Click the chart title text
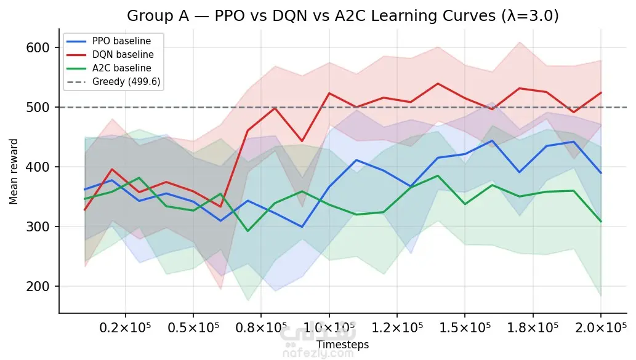pos(343,16)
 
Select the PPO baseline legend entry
pos(109,41)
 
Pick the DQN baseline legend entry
pos(110,54)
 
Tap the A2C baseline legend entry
pos(109,68)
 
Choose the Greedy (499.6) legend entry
pos(113,81)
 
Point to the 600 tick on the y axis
pos(38,48)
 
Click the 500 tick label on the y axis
pos(38,108)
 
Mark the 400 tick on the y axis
pos(38,167)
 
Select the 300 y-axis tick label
pos(38,226)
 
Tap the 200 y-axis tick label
pos(38,286)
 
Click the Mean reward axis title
pos(14,172)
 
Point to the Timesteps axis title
pos(343,345)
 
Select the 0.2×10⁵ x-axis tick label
pos(126,327)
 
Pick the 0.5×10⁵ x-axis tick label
pos(193,327)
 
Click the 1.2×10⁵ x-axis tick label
pos(397,327)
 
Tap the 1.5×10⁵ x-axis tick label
pos(465,327)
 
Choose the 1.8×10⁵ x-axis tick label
pos(533,327)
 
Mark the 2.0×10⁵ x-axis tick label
pos(601,327)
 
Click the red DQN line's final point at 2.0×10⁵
pos(601,93)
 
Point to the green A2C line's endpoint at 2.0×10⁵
pos(601,222)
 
